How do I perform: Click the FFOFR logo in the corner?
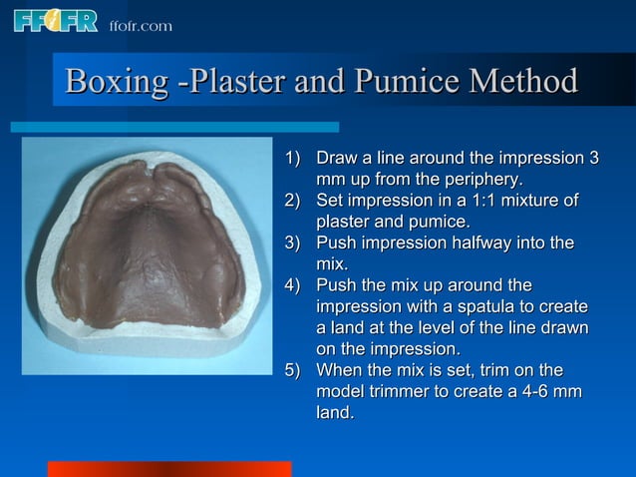point(55,20)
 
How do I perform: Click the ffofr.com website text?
point(140,25)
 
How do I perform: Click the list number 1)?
point(293,159)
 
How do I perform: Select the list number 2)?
point(293,202)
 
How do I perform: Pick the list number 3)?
point(293,243)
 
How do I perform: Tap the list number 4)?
point(293,285)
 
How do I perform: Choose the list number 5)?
point(293,370)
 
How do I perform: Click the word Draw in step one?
point(335,159)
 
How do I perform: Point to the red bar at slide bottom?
point(169,469)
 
